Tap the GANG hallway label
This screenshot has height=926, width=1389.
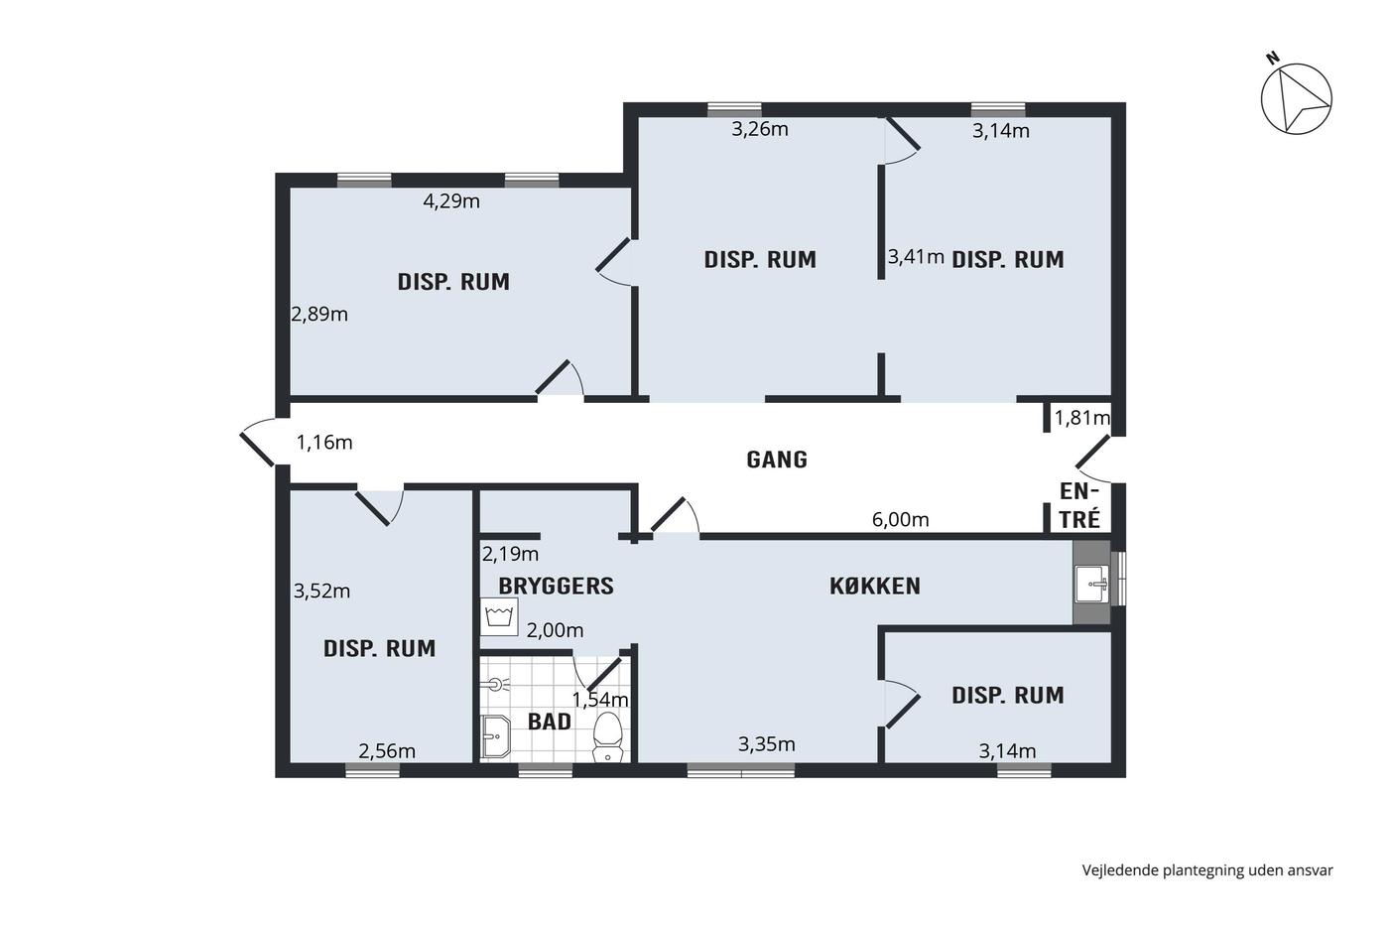[777, 460]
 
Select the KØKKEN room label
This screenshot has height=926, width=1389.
[875, 587]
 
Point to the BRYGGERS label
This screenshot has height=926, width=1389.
[557, 587]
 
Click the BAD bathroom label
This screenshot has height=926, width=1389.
[550, 722]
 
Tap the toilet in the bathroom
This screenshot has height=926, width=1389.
[607, 736]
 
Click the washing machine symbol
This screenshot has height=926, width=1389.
[499, 616]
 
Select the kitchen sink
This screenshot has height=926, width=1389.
[1092, 584]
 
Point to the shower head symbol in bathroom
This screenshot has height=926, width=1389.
[495, 685]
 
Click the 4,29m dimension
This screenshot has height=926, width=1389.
[451, 201]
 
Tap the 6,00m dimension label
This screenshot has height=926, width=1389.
[901, 520]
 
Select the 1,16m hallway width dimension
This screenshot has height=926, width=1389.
[324, 443]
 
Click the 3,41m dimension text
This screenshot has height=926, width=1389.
[916, 257]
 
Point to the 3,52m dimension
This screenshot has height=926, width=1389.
[321, 592]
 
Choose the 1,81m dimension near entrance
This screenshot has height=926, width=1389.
[1082, 418]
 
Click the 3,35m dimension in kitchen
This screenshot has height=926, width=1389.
[766, 744]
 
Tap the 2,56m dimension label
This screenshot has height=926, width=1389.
[387, 751]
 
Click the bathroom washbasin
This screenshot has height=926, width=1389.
[496, 736]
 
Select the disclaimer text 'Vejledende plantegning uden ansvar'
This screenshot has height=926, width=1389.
[1207, 870]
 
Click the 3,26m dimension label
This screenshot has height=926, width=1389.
[760, 130]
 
